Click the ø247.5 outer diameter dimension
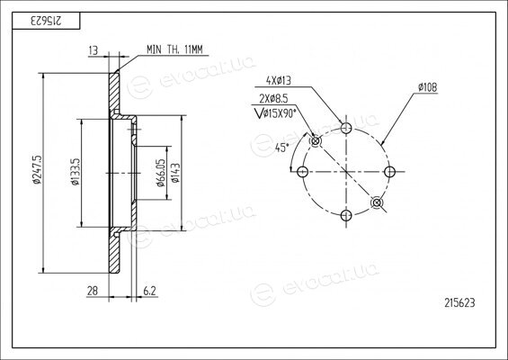[x=38, y=169]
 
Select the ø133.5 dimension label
[x=76, y=172]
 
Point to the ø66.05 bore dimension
[x=161, y=173]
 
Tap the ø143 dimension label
[x=175, y=173]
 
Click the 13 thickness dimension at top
[x=93, y=50]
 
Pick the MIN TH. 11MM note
[x=174, y=49]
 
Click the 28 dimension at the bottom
[x=93, y=291]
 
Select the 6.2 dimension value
[x=149, y=291]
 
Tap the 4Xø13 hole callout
[x=279, y=81]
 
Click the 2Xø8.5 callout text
[x=273, y=98]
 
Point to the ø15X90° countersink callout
[x=275, y=113]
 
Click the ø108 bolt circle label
[x=427, y=87]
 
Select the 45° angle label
[x=281, y=148]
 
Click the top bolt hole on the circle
[x=346, y=128]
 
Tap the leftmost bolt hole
[x=303, y=172]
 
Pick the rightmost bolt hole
[x=389, y=172]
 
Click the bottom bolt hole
[x=346, y=215]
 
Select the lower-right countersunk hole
[x=377, y=202]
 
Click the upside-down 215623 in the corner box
[x=46, y=21]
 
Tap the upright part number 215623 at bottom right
[x=459, y=303]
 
